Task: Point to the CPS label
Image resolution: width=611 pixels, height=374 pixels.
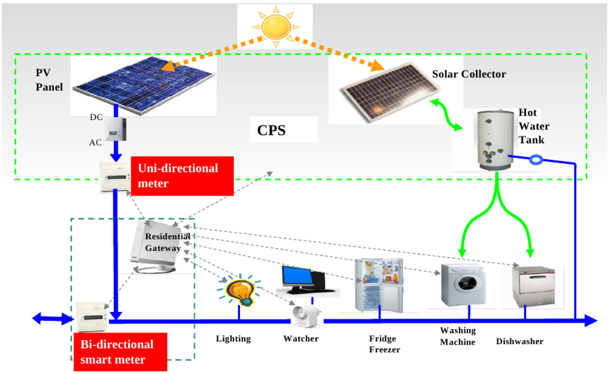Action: [271, 130]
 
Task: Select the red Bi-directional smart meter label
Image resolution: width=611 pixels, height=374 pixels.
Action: [120, 352]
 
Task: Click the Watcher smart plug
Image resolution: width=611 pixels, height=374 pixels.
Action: [306, 316]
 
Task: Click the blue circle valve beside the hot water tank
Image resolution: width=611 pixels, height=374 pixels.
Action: [536, 160]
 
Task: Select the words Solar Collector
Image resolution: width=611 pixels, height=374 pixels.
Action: [468, 75]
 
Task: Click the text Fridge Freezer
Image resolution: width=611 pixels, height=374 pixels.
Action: [382, 344]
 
